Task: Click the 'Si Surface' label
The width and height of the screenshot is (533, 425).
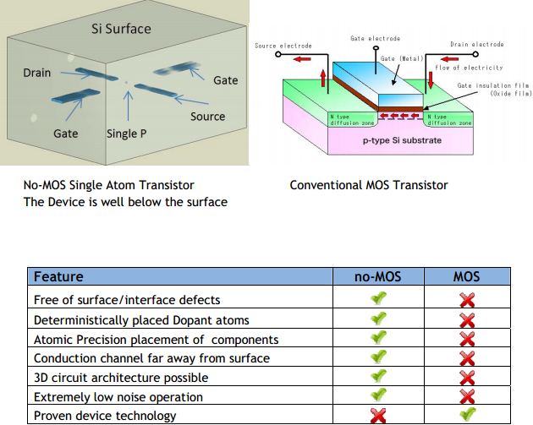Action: pos(121,29)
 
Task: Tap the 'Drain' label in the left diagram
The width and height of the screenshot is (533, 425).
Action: pos(38,74)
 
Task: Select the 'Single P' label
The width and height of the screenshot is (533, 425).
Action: pos(127,133)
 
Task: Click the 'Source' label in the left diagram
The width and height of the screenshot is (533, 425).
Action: pos(207,117)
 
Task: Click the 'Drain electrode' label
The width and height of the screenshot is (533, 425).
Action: pos(476,44)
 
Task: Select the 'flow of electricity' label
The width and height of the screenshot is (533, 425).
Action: pos(469,68)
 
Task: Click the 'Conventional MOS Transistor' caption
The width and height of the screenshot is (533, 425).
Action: pos(369,185)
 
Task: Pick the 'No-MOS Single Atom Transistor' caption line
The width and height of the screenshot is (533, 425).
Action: pos(109,185)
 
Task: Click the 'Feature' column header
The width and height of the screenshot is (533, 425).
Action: pos(58,276)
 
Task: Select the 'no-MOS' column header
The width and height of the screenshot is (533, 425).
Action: pos(378,276)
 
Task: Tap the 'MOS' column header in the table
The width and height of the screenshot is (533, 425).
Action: pos(466,276)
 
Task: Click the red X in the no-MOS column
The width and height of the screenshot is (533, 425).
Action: pos(378,416)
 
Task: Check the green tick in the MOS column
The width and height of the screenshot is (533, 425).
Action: pos(466,415)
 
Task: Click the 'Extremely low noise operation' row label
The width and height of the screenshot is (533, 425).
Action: pos(118,396)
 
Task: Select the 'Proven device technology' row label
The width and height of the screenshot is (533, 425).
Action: pos(105,416)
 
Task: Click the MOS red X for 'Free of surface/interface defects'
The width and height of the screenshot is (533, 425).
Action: pos(466,300)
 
